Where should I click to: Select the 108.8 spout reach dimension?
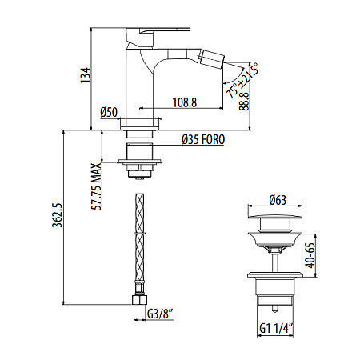[186, 102]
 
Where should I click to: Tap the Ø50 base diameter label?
[110, 111]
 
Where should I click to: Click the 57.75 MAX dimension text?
[96, 185]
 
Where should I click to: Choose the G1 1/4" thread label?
[276, 327]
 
